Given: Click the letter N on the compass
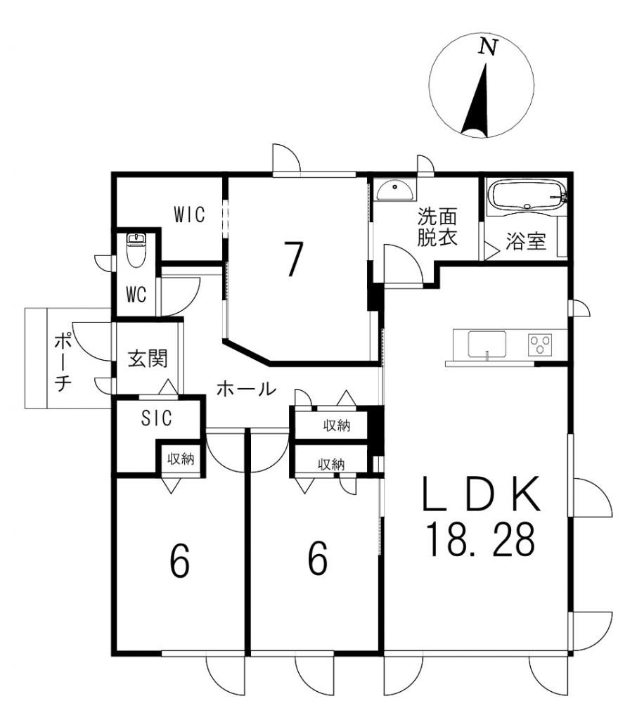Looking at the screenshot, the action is (489, 46).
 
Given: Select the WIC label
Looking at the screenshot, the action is (190, 214).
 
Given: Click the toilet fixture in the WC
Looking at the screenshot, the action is (135, 251).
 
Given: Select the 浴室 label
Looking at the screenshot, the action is (526, 242).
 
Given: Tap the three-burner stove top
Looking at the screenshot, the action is (541, 345).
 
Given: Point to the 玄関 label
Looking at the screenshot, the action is (148, 358).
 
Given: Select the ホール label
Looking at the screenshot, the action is (246, 390).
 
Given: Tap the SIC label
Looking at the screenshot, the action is (157, 418).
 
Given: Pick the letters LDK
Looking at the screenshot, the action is (482, 494).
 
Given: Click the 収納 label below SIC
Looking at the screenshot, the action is (181, 458).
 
